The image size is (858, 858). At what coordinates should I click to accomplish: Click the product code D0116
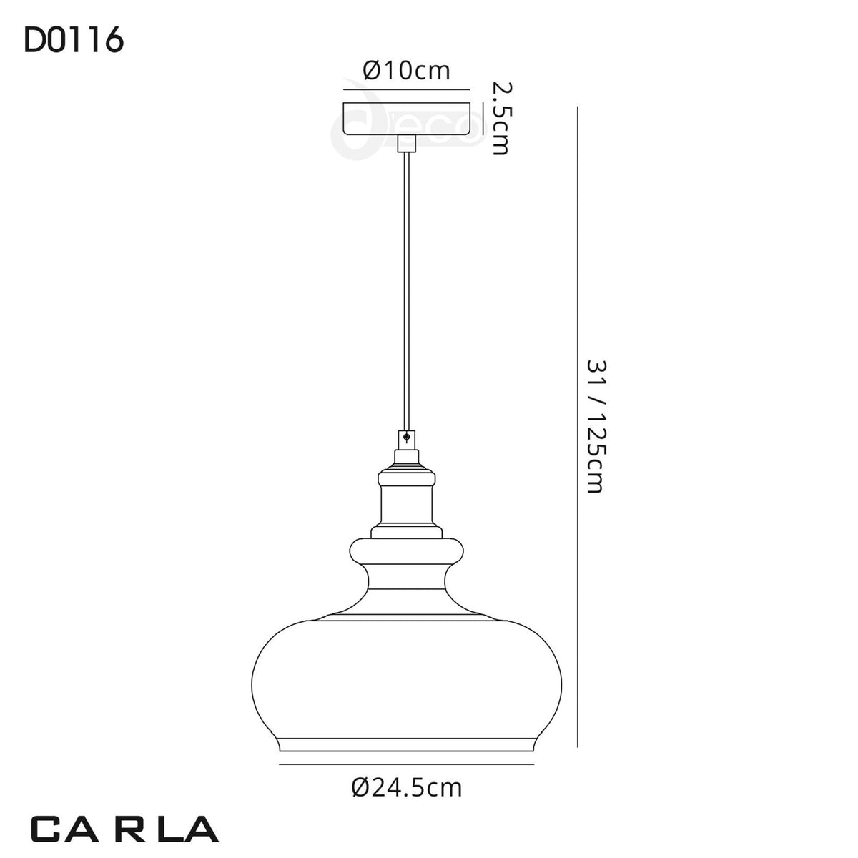(x=74, y=41)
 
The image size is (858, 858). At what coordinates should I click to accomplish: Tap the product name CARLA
(x=124, y=829)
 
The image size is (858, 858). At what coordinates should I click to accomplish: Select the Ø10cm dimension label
(x=406, y=71)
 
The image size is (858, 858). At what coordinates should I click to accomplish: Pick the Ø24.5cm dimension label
(x=407, y=788)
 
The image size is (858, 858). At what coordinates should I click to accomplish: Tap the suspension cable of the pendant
(x=406, y=291)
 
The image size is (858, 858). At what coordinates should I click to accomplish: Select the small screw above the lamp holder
(x=406, y=438)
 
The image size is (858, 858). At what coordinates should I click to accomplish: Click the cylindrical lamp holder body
(x=407, y=506)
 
